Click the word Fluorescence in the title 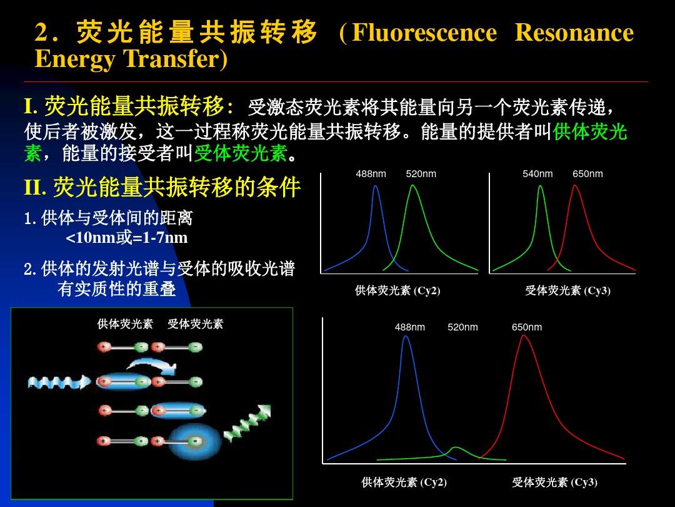(x=424, y=33)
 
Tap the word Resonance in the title (x=574, y=33)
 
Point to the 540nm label (x=537, y=174)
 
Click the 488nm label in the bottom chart (x=410, y=327)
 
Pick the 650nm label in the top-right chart (x=587, y=174)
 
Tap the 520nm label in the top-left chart (x=421, y=174)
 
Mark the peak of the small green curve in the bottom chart (x=455, y=448)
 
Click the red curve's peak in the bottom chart (x=524, y=335)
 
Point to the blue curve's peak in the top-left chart (x=376, y=187)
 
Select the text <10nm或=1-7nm (x=126, y=238)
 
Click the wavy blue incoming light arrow (x=59, y=382)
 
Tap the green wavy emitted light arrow (x=247, y=424)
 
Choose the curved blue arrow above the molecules (x=153, y=365)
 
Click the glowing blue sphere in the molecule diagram (x=194, y=441)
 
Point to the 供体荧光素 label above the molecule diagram (x=125, y=324)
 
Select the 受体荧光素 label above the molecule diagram (x=196, y=324)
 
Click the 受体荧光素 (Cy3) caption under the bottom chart (x=555, y=482)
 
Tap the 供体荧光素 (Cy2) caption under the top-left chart (x=397, y=290)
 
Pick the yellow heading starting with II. (x=162, y=188)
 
